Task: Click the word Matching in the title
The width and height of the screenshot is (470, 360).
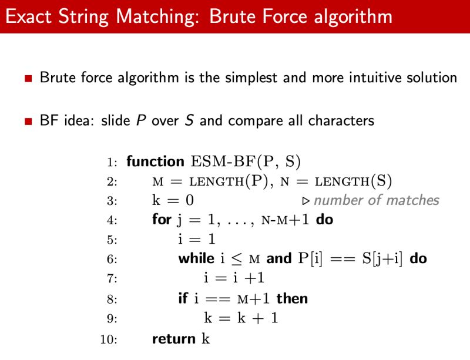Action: click(158, 16)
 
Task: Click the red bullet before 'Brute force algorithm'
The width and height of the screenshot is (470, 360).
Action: click(28, 78)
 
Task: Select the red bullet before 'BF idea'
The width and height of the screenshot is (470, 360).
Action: click(28, 122)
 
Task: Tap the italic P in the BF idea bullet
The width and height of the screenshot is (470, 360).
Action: click(141, 121)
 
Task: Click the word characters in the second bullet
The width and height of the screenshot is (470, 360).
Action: click(341, 121)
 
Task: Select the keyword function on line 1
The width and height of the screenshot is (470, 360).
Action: click(155, 161)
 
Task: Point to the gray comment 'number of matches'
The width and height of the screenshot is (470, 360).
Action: click(376, 200)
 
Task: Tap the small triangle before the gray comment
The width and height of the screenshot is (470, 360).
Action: click(305, 201)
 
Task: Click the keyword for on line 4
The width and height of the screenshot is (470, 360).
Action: click(162, 220)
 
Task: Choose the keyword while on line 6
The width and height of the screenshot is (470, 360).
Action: click(196, 259)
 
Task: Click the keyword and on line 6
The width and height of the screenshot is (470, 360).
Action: click(279, 259)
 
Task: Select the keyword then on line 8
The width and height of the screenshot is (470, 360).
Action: click(292, 298)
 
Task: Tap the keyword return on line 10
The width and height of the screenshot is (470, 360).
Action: click(174, 339)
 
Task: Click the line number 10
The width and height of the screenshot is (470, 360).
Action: click(109, 339)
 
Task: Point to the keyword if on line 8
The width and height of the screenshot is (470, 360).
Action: click(183, 298)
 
